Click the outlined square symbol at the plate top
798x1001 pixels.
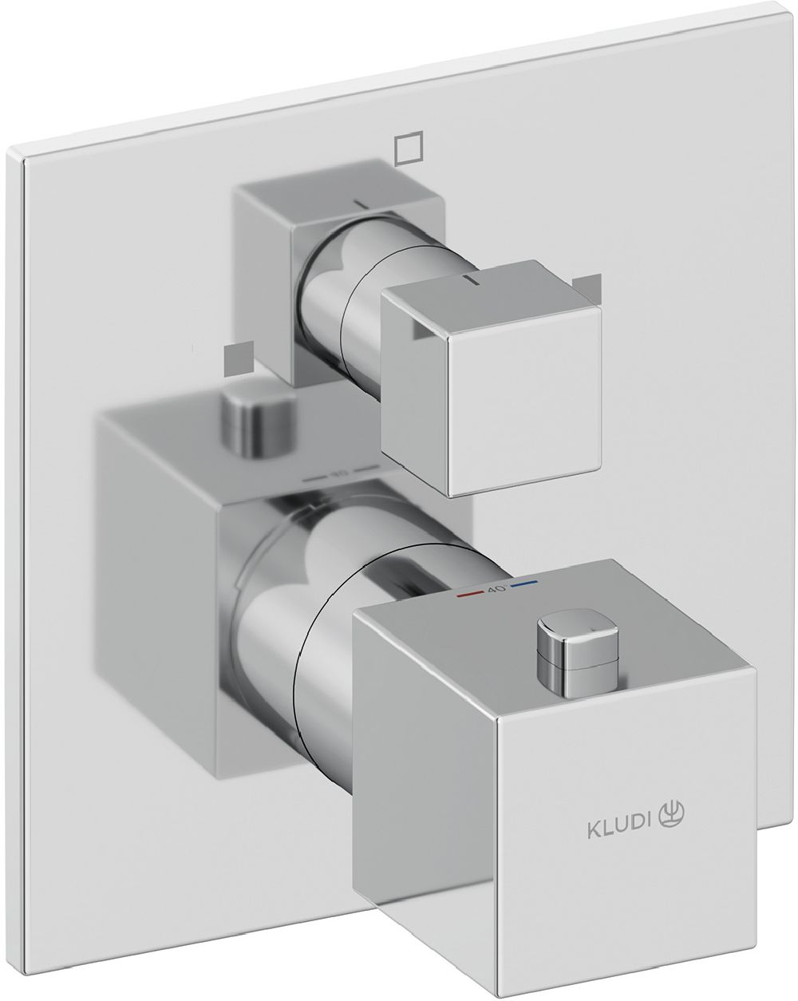408,147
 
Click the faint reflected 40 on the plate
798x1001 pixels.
339,473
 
